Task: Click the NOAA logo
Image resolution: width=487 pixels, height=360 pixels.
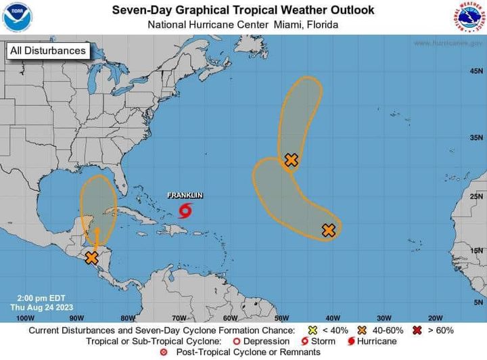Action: (18, 17)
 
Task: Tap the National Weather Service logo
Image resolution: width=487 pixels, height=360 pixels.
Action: (470, 17)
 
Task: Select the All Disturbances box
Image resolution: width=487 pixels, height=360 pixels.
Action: (47, 51)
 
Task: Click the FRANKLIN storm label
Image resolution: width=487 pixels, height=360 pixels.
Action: (185, 196)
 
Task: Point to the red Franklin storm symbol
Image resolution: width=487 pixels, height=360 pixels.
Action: (185, 211)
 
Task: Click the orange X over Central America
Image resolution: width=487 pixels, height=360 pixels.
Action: (91, 258)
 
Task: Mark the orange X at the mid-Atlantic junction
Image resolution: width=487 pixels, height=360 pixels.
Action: (291, 160)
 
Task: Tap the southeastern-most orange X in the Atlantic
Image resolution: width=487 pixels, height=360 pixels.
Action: (329, 230)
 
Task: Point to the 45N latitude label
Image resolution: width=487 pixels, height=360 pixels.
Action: (476, 71)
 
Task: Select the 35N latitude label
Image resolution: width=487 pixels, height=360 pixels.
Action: (476, 137)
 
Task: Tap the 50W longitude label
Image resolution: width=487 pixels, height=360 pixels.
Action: (281, 317)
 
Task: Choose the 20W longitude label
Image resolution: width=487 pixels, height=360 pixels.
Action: (435, 317)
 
